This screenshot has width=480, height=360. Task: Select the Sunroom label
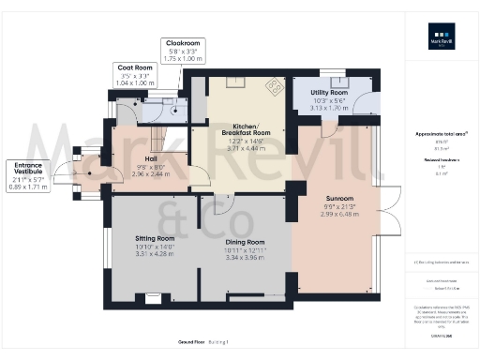coord(338,200)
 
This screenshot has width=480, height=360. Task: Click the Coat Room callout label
coord(134,67)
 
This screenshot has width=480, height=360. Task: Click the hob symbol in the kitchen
coord(275,87)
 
